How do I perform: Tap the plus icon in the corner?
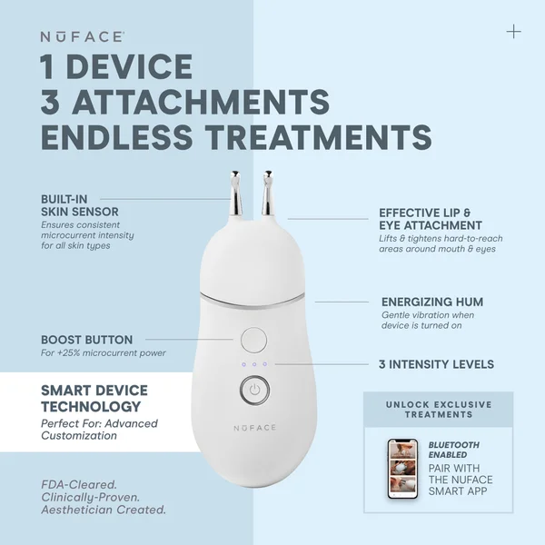[514, 32]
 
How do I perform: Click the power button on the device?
[255, 391]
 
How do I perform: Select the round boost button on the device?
[254, 341]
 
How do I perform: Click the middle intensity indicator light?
[254, 365]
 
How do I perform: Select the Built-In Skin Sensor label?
[80, 205]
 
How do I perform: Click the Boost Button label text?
[86, 340]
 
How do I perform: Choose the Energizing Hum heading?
[431, 302]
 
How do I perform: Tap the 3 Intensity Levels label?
[436, 364]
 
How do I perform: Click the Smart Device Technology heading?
[94, 399]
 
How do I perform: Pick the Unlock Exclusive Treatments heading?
[438, 409]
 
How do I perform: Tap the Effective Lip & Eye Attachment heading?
[431, 219]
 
